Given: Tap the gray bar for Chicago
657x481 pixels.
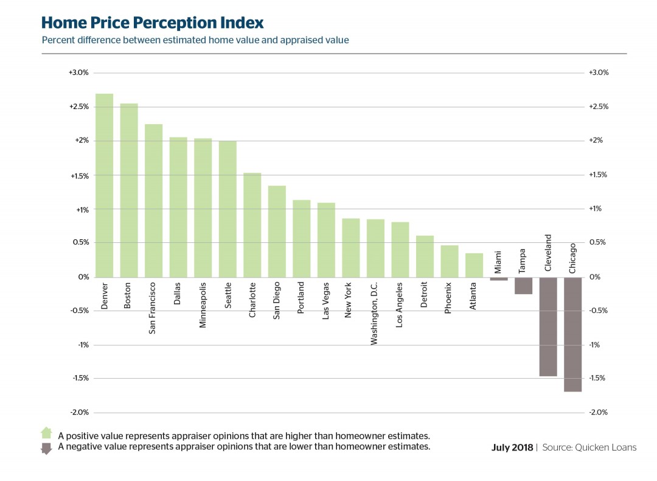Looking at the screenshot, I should [572, 334].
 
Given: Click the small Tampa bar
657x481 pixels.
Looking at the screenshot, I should [523, 286].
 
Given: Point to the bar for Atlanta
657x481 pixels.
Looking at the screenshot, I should [474, 265].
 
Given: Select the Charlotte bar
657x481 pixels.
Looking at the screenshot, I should [252, 225].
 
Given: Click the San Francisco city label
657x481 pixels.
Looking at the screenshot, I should [153, 307].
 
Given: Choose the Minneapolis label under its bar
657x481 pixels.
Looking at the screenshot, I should [203, 304].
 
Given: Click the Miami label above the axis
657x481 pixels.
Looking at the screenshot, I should [498, 262].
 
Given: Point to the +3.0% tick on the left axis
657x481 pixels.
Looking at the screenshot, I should [78, 72].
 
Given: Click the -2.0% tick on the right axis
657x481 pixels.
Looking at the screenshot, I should [599, 412].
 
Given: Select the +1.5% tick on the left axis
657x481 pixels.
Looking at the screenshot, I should [78, 176].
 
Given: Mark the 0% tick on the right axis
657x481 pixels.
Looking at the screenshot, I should [594, 277].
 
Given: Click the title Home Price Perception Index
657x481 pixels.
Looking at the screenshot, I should [152, 23].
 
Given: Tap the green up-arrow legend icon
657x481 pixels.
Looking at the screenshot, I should [46, 433].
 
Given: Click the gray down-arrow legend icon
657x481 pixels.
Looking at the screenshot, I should [46, 449].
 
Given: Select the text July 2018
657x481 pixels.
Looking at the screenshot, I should [512, 448].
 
